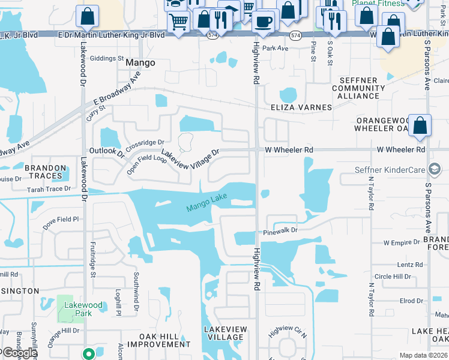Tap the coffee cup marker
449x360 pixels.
[x=263, y=22]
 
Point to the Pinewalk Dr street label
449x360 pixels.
[x=280, y=230]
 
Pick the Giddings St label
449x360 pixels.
[x=107, y=59]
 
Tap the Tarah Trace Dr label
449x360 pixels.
[x=49, y=189]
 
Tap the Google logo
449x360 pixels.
[x=19, y=353]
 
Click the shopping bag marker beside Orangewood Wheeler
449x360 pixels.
[x=420, y=126]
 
